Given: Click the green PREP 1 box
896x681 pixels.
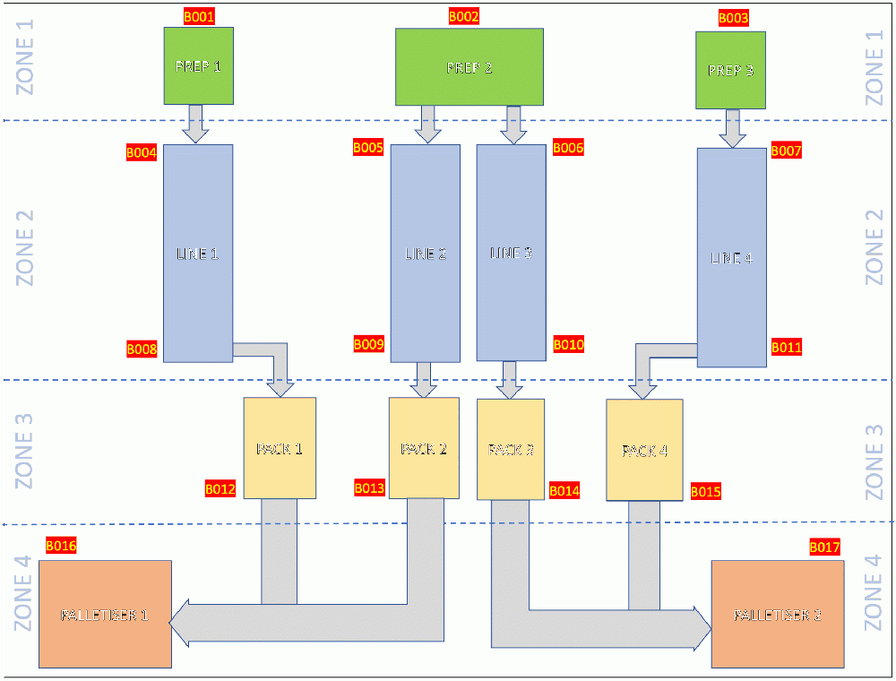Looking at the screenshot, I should (x=198, y=65).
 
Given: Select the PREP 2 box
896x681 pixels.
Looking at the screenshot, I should (x=470, y=67).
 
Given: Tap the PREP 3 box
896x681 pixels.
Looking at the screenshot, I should (x=730, y=70).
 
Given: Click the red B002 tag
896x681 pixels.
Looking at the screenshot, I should (x=464, y=16).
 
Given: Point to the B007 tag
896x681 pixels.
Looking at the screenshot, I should (x=786, y=151).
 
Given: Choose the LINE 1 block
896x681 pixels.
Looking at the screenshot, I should (x=198, y=254).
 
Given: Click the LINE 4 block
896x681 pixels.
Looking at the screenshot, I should (x=732, y=258).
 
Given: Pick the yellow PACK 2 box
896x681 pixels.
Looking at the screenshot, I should (x=424, y=448).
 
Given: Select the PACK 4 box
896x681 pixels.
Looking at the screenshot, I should (x=644, y=450).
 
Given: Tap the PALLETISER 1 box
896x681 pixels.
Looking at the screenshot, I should (x=105, y=615).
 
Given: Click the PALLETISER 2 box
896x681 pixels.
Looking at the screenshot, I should (x=778, y=615).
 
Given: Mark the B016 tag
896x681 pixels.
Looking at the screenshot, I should (x=61, y=545).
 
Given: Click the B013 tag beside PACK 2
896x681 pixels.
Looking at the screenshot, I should (x=369, y=488).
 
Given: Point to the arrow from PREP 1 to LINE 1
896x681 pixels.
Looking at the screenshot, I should (x=195, y=124).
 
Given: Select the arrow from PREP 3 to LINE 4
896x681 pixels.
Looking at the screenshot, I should (x=733, y=129).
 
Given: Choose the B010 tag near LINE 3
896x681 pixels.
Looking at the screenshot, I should (x=568, y=344).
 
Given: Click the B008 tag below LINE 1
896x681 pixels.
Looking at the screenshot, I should (x=142, y=349).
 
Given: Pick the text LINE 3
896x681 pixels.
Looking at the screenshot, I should (x=512, y=254).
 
